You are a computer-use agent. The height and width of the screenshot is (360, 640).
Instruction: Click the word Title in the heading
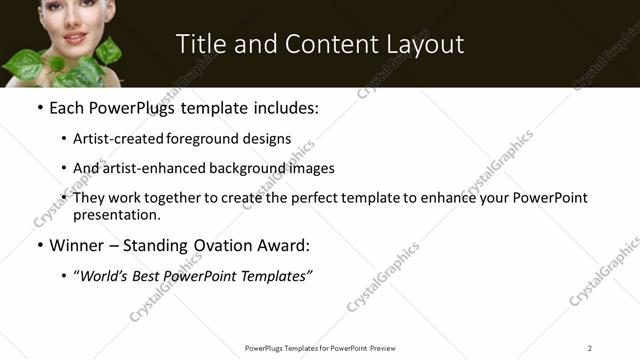(201, 44)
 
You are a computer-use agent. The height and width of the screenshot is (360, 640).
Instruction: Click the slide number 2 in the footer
(590, 348)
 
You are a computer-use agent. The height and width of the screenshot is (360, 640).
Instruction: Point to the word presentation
(116, 214)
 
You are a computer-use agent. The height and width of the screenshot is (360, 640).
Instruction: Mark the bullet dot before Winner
(39, 245)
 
